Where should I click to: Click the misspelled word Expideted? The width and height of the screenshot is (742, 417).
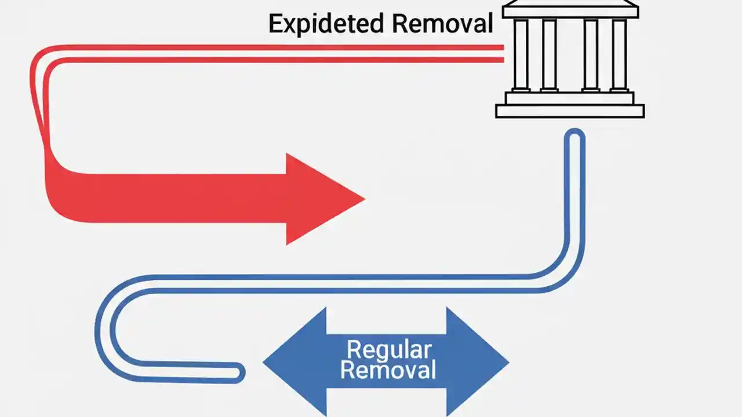tap(326, 24)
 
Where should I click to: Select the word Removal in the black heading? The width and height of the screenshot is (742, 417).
tap(442, 24)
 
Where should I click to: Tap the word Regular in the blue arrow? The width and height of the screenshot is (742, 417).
tap(388, 350)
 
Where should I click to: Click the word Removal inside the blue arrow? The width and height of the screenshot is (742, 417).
tap(388, 370)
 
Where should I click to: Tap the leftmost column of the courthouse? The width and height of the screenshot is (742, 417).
tap(521, 55)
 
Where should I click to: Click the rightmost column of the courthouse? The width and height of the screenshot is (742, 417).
tap(619, 55)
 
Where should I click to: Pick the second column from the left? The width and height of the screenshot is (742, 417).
tap(549, 55)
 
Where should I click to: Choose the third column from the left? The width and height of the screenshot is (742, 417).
tap(591, 55)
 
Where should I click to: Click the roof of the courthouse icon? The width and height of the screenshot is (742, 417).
tap(570, 9)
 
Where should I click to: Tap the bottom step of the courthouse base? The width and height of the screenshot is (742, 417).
tap(570, 111)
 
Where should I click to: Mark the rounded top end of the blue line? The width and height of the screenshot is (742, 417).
tap(574, 137)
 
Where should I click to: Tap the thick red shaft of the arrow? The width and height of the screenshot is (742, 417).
tap(174, 197)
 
